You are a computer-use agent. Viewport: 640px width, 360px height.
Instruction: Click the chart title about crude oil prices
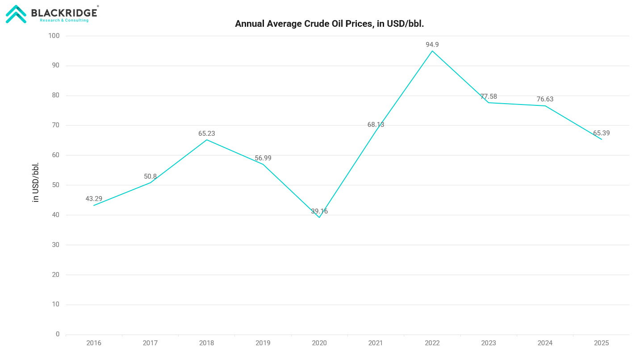[x=329, y=24]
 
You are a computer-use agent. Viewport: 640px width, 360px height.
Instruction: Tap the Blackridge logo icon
[x=16, y=14]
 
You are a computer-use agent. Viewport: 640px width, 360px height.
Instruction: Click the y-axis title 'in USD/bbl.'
[x=36, y=182]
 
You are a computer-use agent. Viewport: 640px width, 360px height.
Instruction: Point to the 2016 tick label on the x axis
[x=94, y=343]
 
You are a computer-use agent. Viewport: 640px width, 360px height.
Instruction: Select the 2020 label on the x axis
[x=319, y=343]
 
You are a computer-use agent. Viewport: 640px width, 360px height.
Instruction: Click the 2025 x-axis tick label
[x=601, y=343]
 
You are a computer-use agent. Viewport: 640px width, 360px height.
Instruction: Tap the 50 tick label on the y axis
[x=56, y=185]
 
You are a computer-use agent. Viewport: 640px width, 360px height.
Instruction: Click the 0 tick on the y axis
[x=58, y=334]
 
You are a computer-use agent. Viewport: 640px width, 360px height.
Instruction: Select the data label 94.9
[x=432, y=45]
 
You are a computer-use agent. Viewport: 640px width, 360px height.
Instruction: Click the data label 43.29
[x=94, y=199]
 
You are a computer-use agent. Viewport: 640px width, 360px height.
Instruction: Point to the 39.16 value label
[x=319, y=211]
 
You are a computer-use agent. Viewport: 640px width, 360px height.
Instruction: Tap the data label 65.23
[x=207, y=134]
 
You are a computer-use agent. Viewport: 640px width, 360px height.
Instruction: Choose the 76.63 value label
[x=545, y=99]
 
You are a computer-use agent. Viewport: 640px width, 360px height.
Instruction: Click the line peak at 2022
[x=432, y=51]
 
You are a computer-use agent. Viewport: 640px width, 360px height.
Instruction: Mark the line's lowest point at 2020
[x=319, y=218]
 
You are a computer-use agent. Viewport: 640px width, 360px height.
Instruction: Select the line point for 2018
[x=207, y=140]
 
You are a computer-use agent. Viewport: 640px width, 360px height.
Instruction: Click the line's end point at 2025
[x=601, y=139]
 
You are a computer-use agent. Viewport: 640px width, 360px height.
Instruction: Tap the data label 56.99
[x=263, y=158]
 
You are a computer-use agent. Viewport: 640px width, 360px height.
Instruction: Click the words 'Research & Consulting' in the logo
[x=64, y=20]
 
